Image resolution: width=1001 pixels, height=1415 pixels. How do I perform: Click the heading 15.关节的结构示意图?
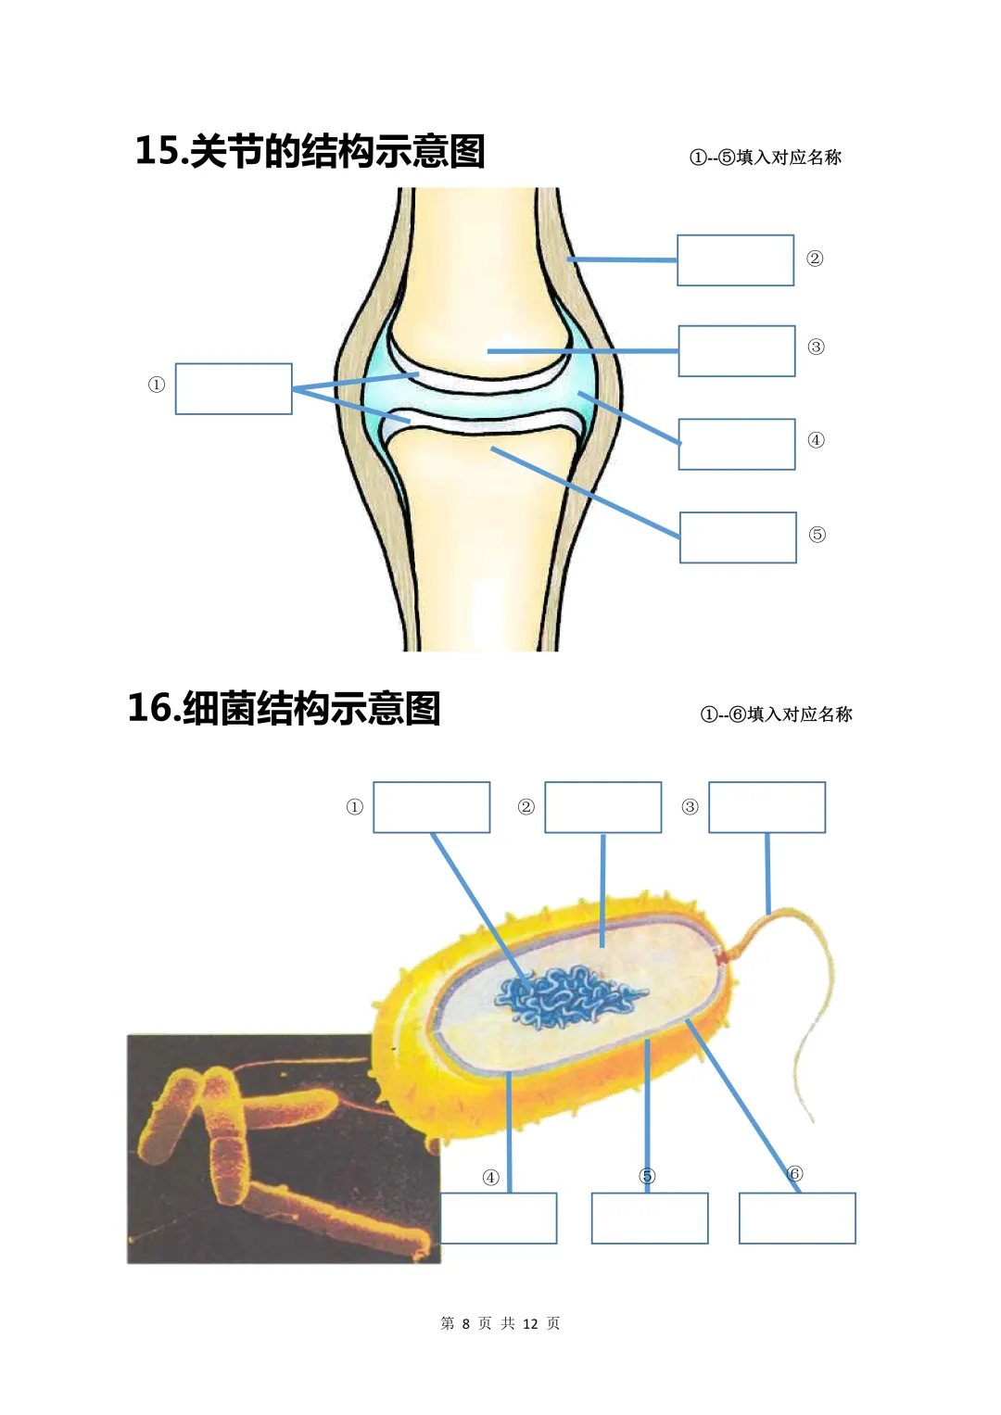(x=310, y=151)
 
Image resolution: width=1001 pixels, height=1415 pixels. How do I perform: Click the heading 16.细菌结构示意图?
(x=284, y=708)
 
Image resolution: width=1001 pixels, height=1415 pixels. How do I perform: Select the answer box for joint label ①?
(x=234, y=388)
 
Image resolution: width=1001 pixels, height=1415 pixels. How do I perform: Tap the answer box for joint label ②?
(x=736, y=260)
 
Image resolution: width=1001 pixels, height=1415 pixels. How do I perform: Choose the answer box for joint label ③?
(x=737, y=351)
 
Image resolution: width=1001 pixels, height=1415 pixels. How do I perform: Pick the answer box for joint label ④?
(x=737, y=444)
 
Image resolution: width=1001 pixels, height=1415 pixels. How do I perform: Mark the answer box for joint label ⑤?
(x=738, y=537)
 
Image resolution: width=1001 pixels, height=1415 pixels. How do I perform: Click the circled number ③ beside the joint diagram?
(x=816, y=347)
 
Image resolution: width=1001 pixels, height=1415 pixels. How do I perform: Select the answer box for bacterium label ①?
(x=432, y=807)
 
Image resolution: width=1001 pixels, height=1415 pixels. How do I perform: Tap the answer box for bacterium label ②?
(x=602, y=807)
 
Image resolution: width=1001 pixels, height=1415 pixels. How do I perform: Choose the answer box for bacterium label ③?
(x=767, y=807)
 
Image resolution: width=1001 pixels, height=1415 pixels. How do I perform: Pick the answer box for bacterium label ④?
(x=498, y=1218)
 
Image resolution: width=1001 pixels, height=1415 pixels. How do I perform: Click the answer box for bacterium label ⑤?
(x=650, y=1218)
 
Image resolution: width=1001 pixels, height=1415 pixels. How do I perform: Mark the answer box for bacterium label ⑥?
(x=797, y=1218)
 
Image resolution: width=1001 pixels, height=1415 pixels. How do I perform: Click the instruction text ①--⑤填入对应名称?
(x=766, y=157)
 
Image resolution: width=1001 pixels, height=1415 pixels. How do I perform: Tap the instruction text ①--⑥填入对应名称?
(x=776, y=714)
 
